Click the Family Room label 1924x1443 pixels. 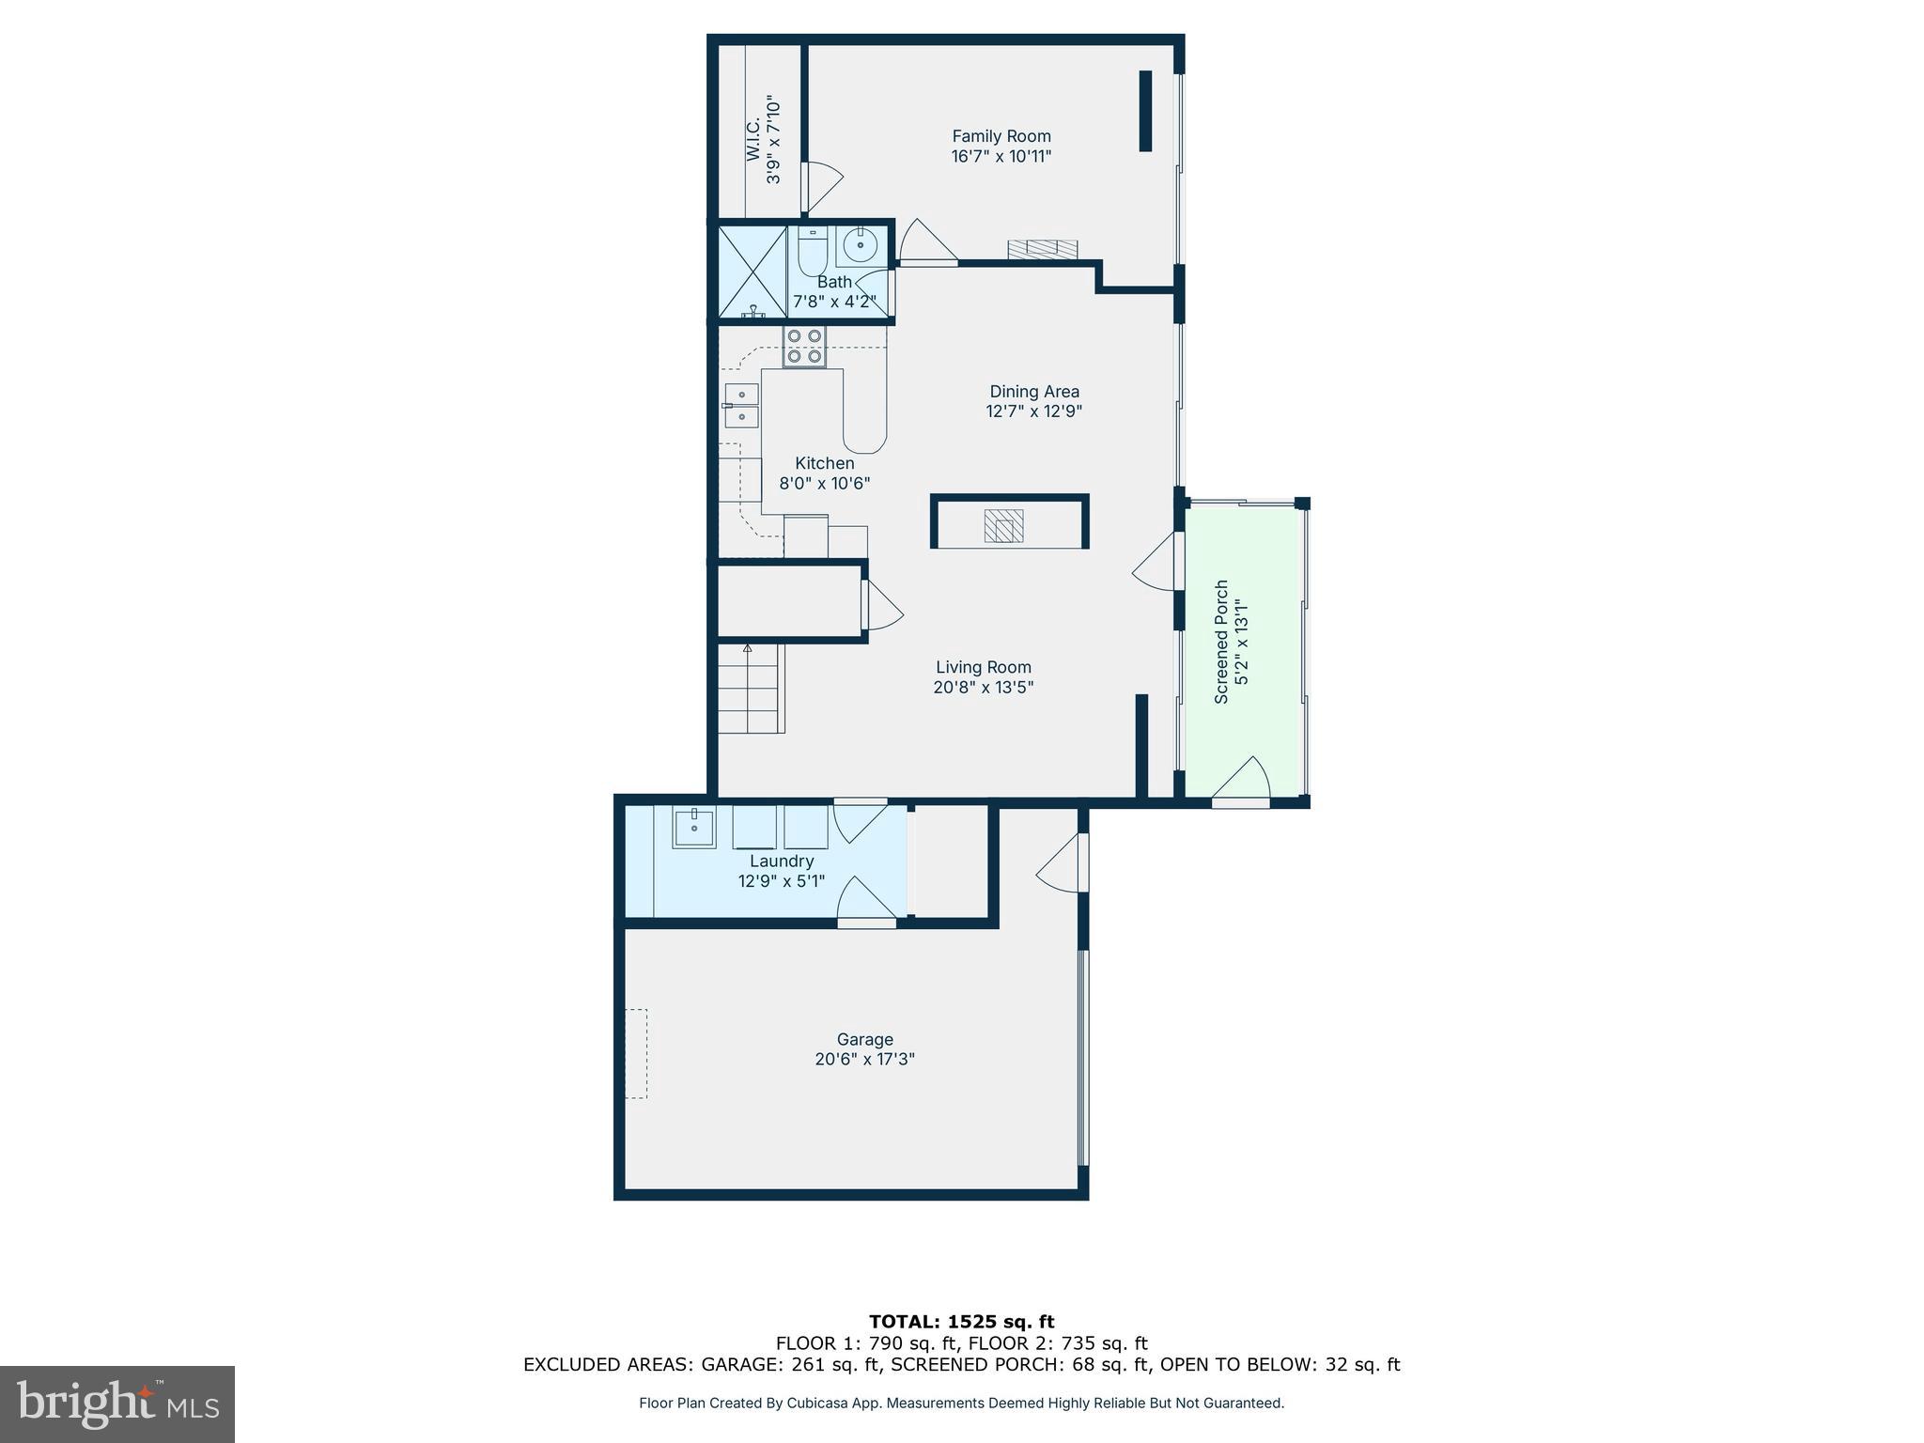pyautogui.click(x=1001, y=137)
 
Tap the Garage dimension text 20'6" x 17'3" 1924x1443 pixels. pyautogui.click(x=864, y=1060)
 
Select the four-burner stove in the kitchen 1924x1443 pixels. pyautogui.click(x=804, y=347)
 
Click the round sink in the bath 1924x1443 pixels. pyautogui.click(x=860, y=246)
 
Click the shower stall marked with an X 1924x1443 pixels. pyautogui.click(x=752, y=272)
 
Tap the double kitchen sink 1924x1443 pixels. pyautogui.click(x=741, y=405)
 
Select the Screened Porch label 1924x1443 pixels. pyautogui.click(x=1221, y=642)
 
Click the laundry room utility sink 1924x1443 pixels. pyautogui.click(x=694, y=829)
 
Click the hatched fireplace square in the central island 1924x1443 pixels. pyautogui.click(x=1003, y=525)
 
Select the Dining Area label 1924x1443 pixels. pyautogui.click(x=1033, y=392)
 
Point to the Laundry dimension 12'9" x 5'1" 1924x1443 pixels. pyautogui.click(x=781, y=881)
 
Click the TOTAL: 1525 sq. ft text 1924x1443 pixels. pyautogui.click(x=961, y=1323)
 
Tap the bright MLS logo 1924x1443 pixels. pyautogui.click(x=117, y=1404)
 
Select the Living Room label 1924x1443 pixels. pyautogui.click(x=983, y=667)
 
